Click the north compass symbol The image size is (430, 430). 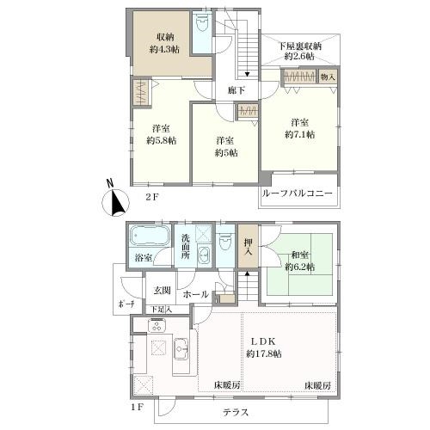[x=115, y=201]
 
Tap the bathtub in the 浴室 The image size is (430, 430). [x=149, y=236]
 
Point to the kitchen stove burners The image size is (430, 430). [x=157, y=325]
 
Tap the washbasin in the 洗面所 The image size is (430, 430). [x=204, y=254]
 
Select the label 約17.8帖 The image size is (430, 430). [x=264, y=353]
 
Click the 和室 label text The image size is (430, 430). [x=300, y=255]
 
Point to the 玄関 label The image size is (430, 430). [x=163, y=291]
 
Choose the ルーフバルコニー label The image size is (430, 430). [x=298, y=193]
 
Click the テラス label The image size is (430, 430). [x=236, y=412]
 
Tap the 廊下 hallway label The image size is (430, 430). [x=236, y=90]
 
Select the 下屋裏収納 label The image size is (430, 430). [x=300, y=46]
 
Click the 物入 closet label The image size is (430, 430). [x=328, y=77]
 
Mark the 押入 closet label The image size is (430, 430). [x=248, y=247]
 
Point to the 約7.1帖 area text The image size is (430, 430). [x=299, y=134]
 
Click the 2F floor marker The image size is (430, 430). [x=152, y=197]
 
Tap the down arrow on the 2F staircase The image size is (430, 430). [x=247, y=75]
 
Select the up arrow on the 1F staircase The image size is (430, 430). [x=247, y=273]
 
